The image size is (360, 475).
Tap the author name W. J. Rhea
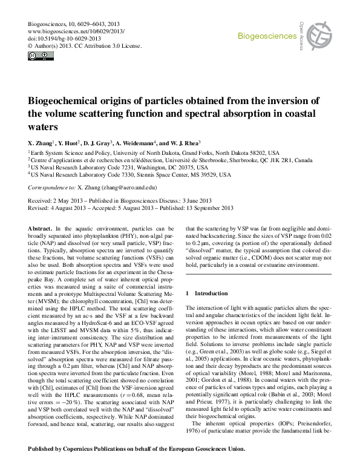pyautogui.click(x=220, y=143)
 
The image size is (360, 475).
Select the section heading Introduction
pyautogui.click(x=211, y=292)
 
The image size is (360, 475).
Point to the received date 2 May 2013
pyautogui.click(x=71, y=200)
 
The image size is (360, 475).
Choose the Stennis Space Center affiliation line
pyautogui.click(x=129, y=175)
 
